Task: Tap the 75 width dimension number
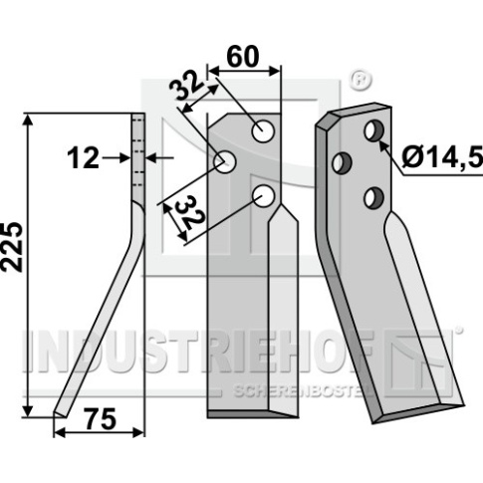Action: coord(101,418)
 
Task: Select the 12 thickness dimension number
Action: coord(83,158)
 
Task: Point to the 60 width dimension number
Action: coord(243,57)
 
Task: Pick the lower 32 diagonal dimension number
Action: coord(189,213)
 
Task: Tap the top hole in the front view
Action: coord(263,131)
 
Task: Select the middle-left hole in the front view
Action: coord(225,161)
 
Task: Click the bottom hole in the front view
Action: coord(264,196)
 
